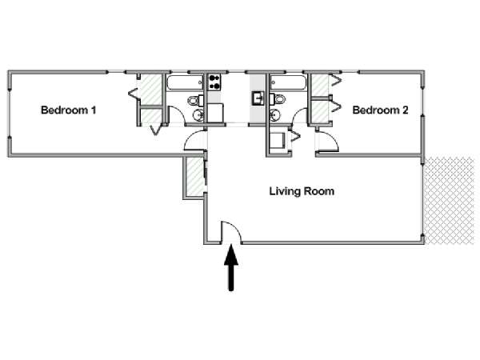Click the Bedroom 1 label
tap(69, 110)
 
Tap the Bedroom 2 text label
tap(380, 110)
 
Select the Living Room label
tap(302, 191)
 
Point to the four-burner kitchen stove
tap(214, 82)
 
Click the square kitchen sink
tap(258, 98)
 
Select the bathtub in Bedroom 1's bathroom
tap(185, 82)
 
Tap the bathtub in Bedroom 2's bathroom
tap(288, 82)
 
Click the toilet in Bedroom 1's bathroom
tap(196, 100)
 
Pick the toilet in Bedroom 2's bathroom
tap(278, 99)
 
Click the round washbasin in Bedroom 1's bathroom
tap(198, 115)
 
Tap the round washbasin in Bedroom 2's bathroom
tap(275, 115)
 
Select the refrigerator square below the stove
tap(215, 113)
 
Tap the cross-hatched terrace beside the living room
tap(449, 201)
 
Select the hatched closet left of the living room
tap(195, 177)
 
